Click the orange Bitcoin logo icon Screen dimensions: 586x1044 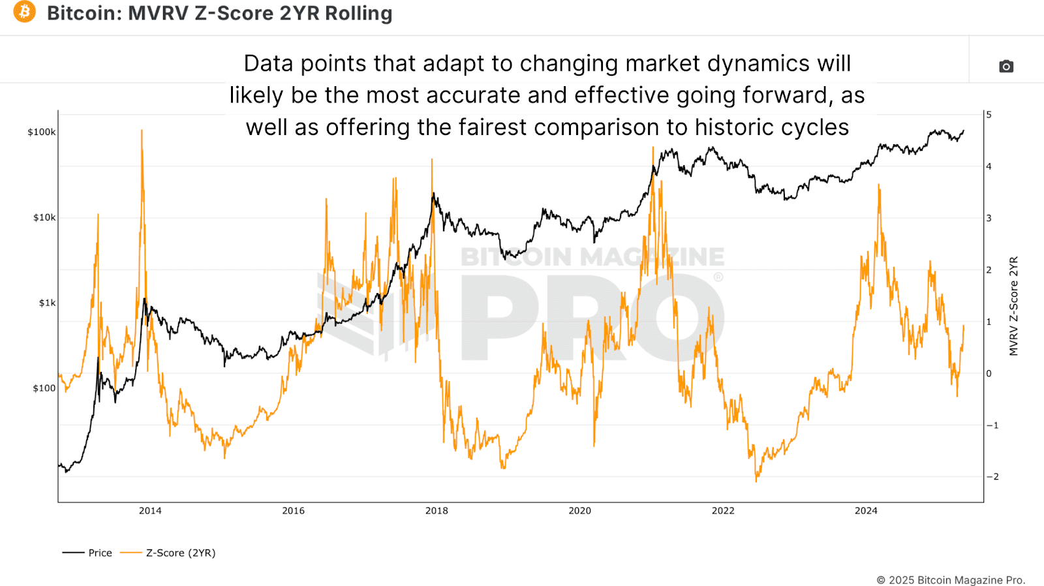pyautogui.click(x=25, y=12)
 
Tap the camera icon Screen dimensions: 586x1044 pyautogui.click(x=1006, y=67)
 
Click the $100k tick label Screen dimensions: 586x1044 pyautogui.click(x=42, y=132)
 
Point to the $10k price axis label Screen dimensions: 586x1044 pyautogui.click(x=44, y=217)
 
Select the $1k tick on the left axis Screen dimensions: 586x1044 pyautogui.click(x=47, y=303)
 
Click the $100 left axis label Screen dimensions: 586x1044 pyautogui.click(x=44, y=388)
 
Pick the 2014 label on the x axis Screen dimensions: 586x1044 pyautogui.click(x=150, y=511)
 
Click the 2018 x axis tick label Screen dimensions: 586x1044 pyautogui.click(x=437, y=511)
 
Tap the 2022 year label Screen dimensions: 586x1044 pyautogui.click(x=723, y=511)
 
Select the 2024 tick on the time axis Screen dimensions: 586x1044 pyautogui.click(x=866, y=511)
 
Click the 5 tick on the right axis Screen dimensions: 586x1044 pyautogui.click(x=989, y=115)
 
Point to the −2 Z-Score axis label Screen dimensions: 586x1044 pyautogui.click(x=992, y=477)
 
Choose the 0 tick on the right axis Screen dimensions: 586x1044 pyautogui.click(x=989, y=374)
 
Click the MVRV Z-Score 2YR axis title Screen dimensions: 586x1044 pyautogui.click(x=1013, y=306)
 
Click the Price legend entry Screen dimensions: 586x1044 pyautogui.click(x=100, y=553)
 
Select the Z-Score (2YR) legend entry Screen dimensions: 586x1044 pyautogui.click(x=180, y=553)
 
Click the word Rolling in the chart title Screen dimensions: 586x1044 pyautogui.click(x=359, y=13)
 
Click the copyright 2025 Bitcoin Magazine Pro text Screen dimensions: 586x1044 pyautogui.click(x=951, y=580)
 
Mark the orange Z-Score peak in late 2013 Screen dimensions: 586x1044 pyautogui.click(x=142, y=131)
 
